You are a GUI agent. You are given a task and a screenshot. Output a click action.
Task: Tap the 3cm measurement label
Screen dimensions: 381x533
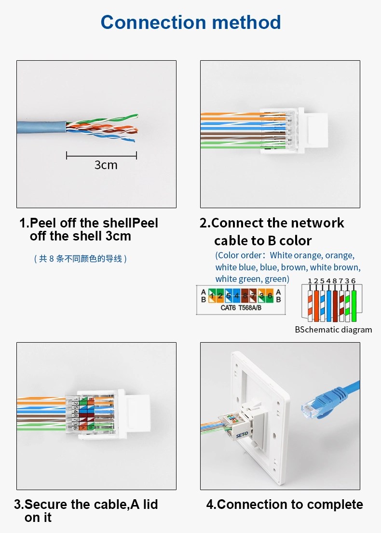point(106,165)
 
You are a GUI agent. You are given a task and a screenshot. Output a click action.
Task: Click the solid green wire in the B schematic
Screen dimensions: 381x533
point(354,304)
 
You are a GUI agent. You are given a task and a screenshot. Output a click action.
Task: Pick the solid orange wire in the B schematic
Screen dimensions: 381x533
point(317,304)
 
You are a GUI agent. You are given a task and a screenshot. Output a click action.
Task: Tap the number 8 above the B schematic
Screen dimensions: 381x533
point(335,281)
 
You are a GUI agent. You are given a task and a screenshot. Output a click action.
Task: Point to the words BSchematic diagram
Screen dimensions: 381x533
point(333,330)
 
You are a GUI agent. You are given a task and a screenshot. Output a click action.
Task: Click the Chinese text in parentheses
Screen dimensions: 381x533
point(80,259)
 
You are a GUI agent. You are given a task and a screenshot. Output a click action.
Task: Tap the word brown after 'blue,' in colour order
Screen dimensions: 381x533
point(293,267)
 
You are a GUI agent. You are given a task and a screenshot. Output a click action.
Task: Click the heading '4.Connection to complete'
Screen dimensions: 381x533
point(285,505)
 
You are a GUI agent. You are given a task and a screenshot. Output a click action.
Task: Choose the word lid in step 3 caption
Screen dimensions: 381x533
point(150,505)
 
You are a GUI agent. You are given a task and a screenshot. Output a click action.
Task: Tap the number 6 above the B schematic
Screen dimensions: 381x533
point(354,281)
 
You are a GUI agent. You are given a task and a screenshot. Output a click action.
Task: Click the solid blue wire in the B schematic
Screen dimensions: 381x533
point(329,304)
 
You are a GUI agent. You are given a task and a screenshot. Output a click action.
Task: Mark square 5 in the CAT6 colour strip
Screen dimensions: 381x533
point(228,295)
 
